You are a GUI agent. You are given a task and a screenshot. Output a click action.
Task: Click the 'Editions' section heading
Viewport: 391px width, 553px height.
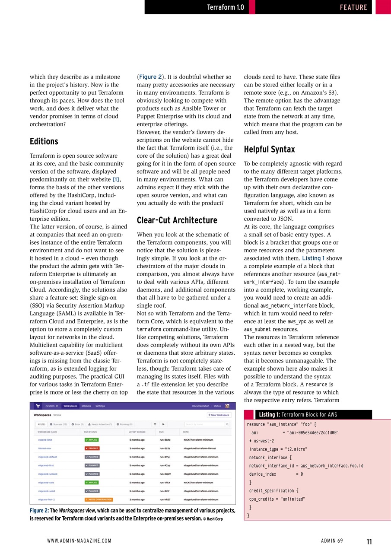44,142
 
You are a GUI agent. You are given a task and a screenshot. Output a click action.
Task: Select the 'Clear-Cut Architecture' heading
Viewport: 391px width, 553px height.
177,220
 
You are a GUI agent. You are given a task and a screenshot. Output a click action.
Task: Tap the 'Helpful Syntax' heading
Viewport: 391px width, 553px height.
269,149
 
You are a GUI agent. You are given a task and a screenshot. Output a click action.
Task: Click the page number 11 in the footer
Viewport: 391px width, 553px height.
369,541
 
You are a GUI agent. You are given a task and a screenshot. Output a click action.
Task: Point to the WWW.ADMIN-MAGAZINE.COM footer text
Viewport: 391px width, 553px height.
79,541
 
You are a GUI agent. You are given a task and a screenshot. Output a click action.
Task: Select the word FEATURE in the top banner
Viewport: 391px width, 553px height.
353,7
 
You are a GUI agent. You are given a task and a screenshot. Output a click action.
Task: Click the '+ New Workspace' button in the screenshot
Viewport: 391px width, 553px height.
219,415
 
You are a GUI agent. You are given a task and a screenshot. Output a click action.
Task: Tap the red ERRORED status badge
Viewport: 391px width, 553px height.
92,448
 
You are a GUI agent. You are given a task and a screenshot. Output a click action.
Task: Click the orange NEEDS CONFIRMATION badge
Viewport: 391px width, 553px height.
99,499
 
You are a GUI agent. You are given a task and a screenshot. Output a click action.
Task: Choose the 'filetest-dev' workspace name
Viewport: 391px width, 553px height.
45,448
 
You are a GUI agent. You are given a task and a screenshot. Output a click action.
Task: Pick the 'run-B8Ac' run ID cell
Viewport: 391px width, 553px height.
165,440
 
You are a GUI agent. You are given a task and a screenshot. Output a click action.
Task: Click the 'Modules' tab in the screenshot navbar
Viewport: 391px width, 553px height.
86,406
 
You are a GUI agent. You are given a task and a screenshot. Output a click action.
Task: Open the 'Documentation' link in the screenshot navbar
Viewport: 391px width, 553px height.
200,406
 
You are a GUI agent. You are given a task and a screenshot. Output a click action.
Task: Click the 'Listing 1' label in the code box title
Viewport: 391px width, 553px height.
269,415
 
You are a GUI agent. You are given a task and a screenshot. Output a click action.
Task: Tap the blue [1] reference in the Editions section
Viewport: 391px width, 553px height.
116,179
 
